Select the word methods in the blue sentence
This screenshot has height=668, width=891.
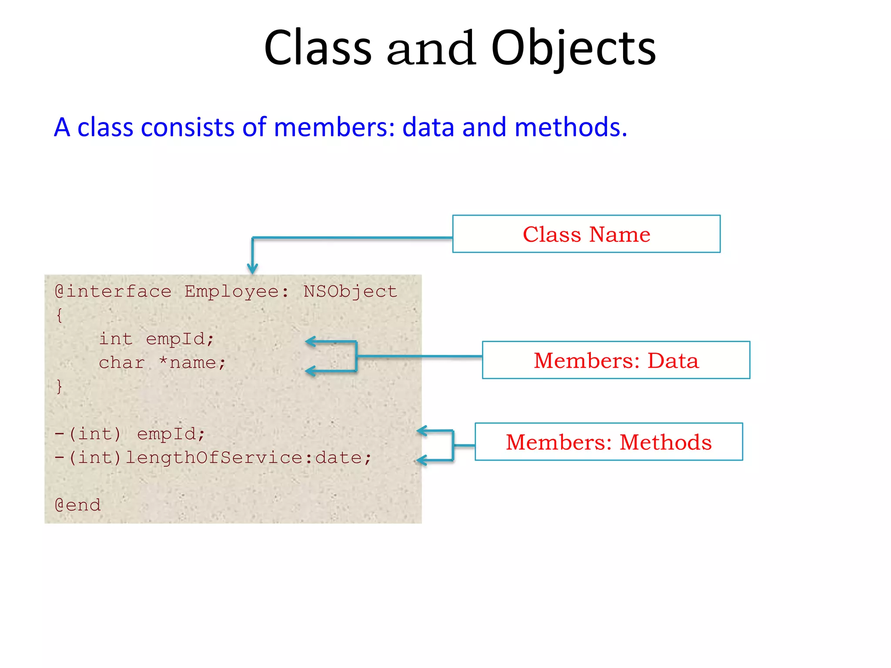pyautogui.click(x=570, y=127)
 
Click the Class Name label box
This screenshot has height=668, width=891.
pyautogui.click(x=586, y=234)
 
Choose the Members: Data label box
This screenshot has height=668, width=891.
pyautogui.click(x=616, y=360)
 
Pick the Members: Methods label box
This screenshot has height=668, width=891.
pyautogui.click(x=608, y=442)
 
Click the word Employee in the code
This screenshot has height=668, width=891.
pyautogui.click(x=232, y=292)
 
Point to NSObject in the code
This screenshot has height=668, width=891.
pyautogui.click(x=350, y=292)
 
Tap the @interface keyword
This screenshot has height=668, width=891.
pyautogui.click(x=113, y=292)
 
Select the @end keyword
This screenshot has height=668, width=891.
pyautogui.click(x=78, y=505)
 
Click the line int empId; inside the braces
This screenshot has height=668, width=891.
pyautogui.click(x=157, y=339)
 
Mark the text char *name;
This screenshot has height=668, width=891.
pyautogui.click(x=162, y=363)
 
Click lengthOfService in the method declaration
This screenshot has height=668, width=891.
pyautogui.click(x=213, y=458)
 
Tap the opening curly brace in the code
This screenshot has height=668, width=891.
pyautogui.click(x=60, y=315)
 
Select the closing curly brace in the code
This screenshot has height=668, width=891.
pyautogui.click(x=60, y=386)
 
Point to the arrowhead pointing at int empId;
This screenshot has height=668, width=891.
pyautogui.click(x=309, y=341)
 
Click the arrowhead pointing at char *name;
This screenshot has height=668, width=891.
pyautogui.click(x=309, y=371)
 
